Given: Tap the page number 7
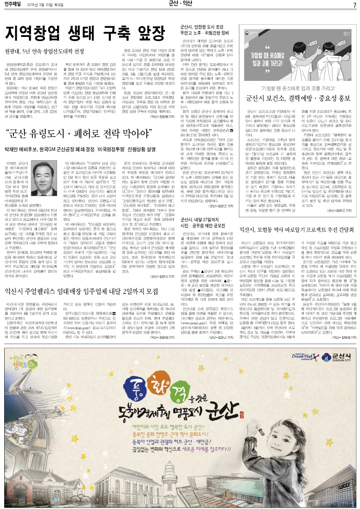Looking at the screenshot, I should [354, 5].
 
